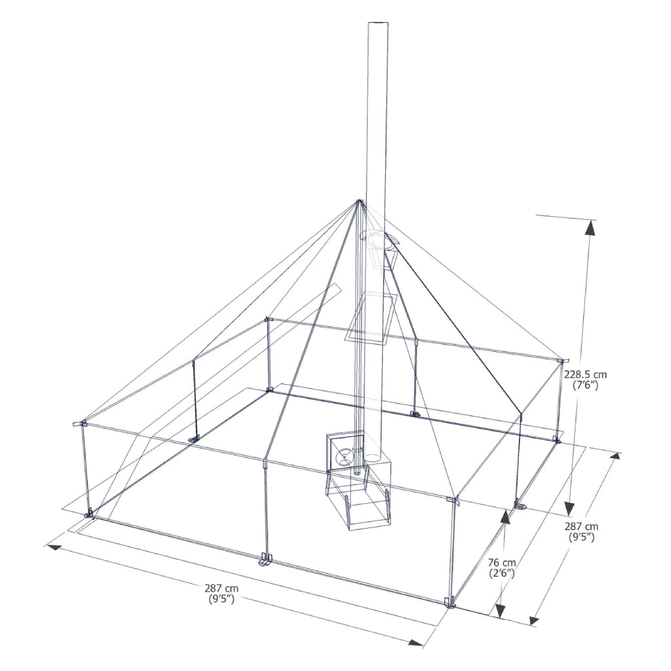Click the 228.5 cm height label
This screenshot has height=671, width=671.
[585, 375]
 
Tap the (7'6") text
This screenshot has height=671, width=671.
[585, 386]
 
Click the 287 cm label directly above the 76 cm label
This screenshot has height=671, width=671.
[581, 527]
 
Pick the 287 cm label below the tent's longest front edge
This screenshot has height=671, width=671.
[221, 588]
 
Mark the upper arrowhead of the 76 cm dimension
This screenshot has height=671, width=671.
[505, 516]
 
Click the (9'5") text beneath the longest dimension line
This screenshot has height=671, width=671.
[221, 600]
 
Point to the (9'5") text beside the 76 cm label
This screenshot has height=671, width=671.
[581, 538]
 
